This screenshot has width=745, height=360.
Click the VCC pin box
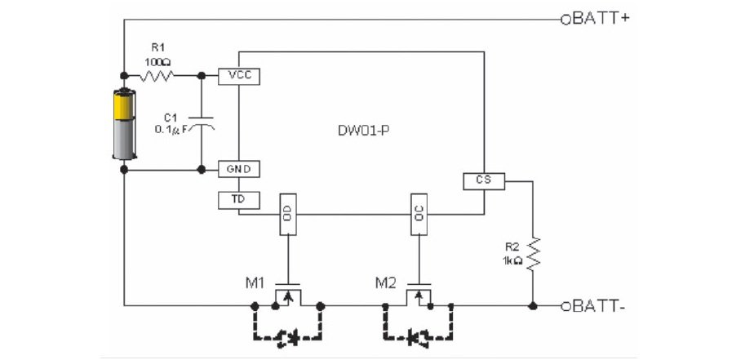[x=239, y=76]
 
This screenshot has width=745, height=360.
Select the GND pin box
[x=239, y=169]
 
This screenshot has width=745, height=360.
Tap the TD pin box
[x=239, y=200]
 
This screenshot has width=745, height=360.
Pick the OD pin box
[x=288, y=214]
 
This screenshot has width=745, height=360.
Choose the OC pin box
[x=419, y=214]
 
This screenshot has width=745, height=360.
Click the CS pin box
[x=484, y=181]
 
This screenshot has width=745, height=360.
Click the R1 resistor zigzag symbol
[x=157, y=75]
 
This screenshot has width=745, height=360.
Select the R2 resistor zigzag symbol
[x=533, y=254]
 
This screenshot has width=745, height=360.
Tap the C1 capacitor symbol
[x=201, y=122]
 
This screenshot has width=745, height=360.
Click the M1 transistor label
[x=255, y=283]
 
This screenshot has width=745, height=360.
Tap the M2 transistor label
[x=385, y=283]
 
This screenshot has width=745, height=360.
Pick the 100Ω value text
[x=157, y=61]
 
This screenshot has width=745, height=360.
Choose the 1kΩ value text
[x=512, y=260]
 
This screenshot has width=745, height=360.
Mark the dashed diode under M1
[x=288, y=339]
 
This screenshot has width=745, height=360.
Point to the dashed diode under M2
[x=418, y=339]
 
